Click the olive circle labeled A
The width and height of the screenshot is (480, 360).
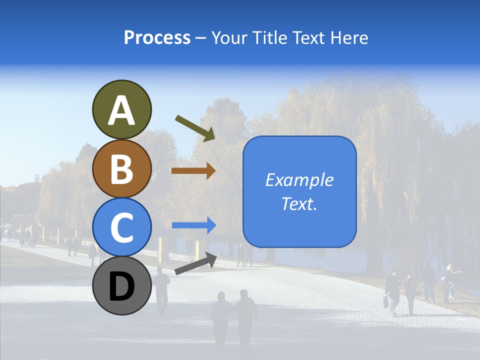(x=122, y=109)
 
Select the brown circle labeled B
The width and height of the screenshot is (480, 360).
(x=122, y=168)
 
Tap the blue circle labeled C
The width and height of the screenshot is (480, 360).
(x=122, y=227)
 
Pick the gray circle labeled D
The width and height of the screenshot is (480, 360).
(x=122, y=285)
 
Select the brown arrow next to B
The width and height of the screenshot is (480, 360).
(x=193, y=171)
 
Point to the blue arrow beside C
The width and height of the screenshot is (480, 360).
(x=193, y=225)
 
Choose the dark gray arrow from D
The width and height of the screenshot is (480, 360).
(x=195, y=263)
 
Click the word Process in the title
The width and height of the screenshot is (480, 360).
(x=157, y=38)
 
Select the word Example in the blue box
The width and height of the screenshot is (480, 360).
(x=299, y=180)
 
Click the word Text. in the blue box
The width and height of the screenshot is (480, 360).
(x=299, y=204)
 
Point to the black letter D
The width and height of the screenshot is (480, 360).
(x=122, y=287)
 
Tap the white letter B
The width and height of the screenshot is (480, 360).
(x=122, y=169)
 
